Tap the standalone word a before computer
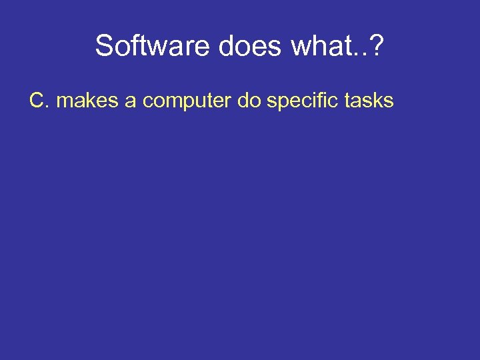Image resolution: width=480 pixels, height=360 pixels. click(130, 103)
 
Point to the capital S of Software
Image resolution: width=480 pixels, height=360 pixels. click(105, 46)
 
